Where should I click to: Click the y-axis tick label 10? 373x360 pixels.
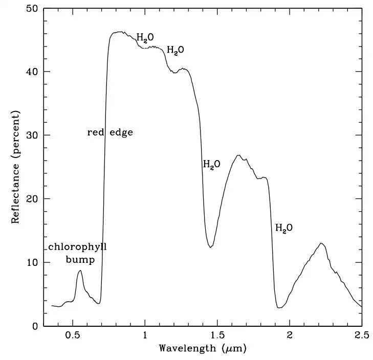32,262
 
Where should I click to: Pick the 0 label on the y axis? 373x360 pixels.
35,326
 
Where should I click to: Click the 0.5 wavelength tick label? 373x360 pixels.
73,335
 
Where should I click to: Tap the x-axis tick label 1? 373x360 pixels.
145,335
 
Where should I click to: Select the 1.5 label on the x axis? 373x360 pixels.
217,335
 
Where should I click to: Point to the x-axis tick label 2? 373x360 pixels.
290,335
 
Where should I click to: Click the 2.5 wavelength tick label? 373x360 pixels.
362,335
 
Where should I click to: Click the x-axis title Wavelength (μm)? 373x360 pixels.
203,349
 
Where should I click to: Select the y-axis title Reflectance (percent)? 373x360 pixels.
15,167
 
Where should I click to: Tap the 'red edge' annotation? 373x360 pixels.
110,132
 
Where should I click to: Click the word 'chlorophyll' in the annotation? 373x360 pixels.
78,247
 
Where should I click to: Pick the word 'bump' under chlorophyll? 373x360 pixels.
80,260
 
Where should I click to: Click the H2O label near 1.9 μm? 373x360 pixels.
284,228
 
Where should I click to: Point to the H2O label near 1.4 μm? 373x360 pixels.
211,164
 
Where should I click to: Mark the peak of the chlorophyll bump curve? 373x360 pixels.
80,271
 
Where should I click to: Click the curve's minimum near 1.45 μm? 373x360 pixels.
210,247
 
